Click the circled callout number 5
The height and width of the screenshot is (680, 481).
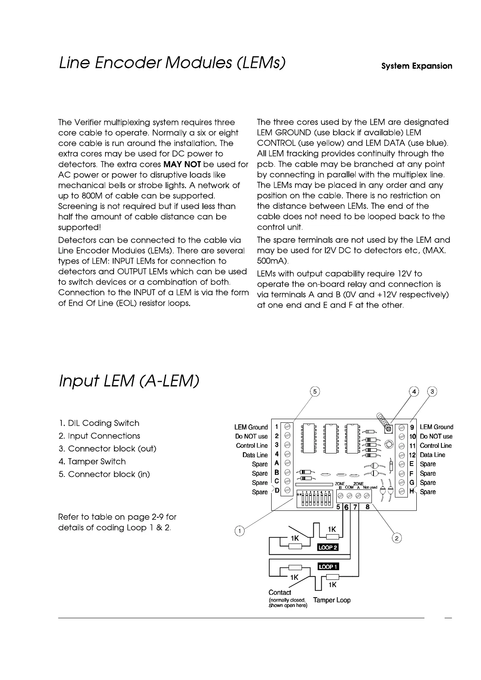click(x=315, y=391)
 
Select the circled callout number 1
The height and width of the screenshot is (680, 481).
click(x=239, y=531)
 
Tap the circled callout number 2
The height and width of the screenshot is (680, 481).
click(x=397, y=538)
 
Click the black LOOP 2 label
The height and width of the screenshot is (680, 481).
click(x=327, y=547)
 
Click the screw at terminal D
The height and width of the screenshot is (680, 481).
click(x=287, y=490)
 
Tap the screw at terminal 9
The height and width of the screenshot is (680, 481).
click(x=402, y=427)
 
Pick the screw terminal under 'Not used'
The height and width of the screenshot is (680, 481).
click(x=367, y=495)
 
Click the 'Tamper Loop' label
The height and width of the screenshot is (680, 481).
click(x=331, y=600)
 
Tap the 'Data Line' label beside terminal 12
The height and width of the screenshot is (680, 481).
click(x=432, y=455)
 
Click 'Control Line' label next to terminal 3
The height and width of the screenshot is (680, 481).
click(x=251, y=445)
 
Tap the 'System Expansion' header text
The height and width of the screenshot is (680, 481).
click(x=417, y=66)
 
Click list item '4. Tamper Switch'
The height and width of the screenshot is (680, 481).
click(x=92, y=461)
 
